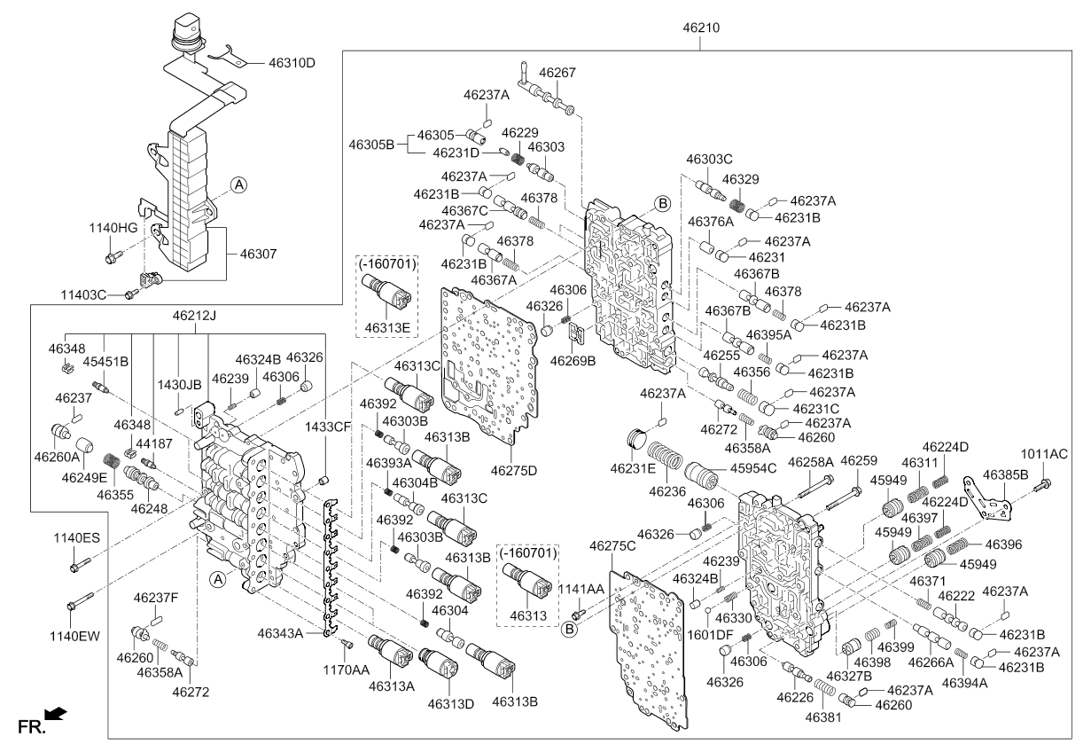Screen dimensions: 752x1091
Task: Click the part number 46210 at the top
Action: pos(700,27)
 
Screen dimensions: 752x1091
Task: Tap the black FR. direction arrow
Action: pos(55,713)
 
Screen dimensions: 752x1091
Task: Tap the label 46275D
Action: pos(514,470)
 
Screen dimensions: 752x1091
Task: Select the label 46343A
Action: pos(280,633)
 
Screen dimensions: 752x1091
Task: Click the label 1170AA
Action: pos(345,670)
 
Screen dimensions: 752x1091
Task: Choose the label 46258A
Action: pos(811,462)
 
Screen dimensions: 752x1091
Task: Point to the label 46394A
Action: pos(965,683)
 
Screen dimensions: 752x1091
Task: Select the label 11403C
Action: pos(84,294)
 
